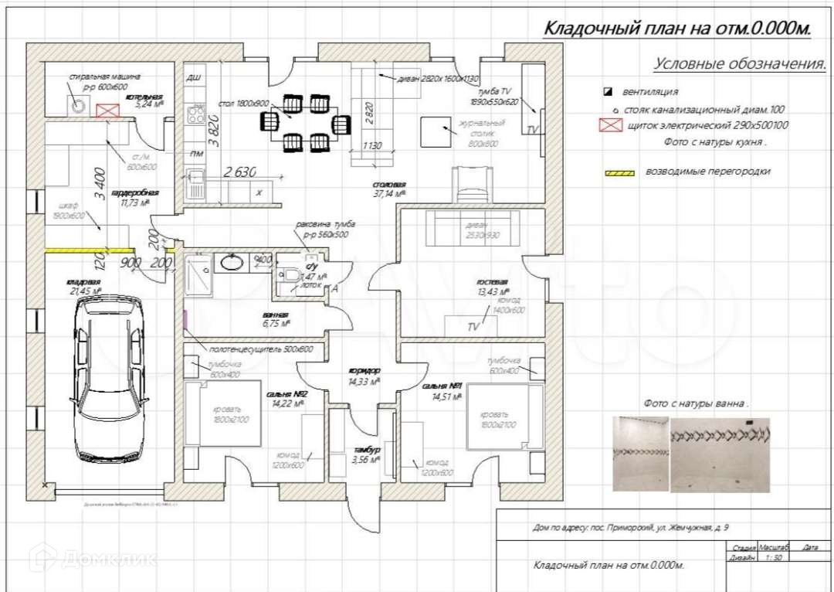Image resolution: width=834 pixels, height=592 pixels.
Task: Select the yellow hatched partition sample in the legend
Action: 619,172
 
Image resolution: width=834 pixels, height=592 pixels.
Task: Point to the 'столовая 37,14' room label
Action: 389,189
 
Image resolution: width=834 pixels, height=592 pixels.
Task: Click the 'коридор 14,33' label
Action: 362,376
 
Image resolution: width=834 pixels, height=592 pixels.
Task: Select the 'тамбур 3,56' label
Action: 367,454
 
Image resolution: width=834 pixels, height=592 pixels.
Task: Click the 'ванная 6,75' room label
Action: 276,319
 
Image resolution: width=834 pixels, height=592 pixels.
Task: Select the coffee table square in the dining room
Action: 436,131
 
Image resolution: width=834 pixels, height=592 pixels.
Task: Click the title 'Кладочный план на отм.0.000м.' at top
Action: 678,29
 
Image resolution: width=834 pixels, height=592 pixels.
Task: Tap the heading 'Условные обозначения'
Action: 740,63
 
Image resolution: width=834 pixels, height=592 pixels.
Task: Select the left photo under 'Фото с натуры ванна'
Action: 640,454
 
